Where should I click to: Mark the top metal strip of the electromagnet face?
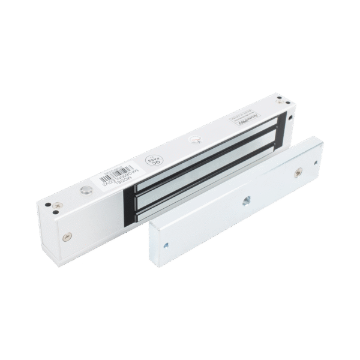(198, 144)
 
